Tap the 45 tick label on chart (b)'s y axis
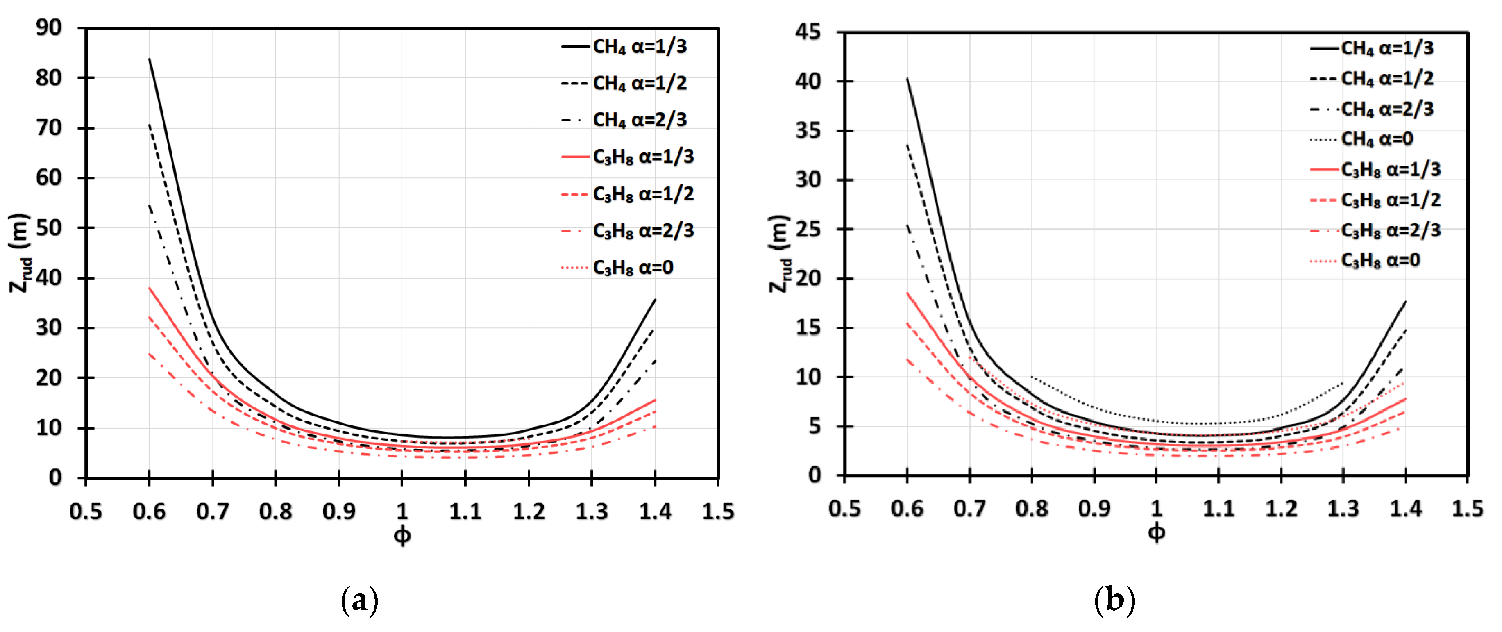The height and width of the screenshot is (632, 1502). click(808, 32)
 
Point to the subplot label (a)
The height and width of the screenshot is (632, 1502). click(359, 600)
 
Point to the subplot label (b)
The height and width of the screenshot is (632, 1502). click(1114, 600)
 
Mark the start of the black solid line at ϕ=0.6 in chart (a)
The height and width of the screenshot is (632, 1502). click(149, 59)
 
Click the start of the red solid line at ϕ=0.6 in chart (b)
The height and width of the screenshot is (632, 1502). click(907, 293)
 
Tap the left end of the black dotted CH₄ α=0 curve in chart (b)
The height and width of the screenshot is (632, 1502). click(1032, 377)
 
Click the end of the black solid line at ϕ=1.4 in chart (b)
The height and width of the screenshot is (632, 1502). click(1406, 301)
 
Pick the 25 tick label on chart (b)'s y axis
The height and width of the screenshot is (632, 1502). click(808, 229)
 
